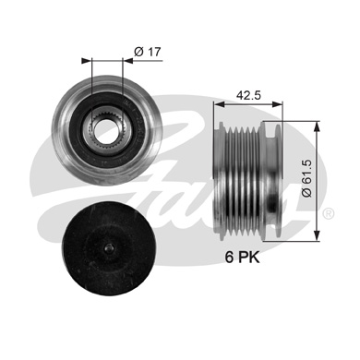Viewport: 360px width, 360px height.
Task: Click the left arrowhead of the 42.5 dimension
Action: (219, 105)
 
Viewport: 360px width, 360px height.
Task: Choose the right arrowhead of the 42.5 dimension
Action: (281, 105)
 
